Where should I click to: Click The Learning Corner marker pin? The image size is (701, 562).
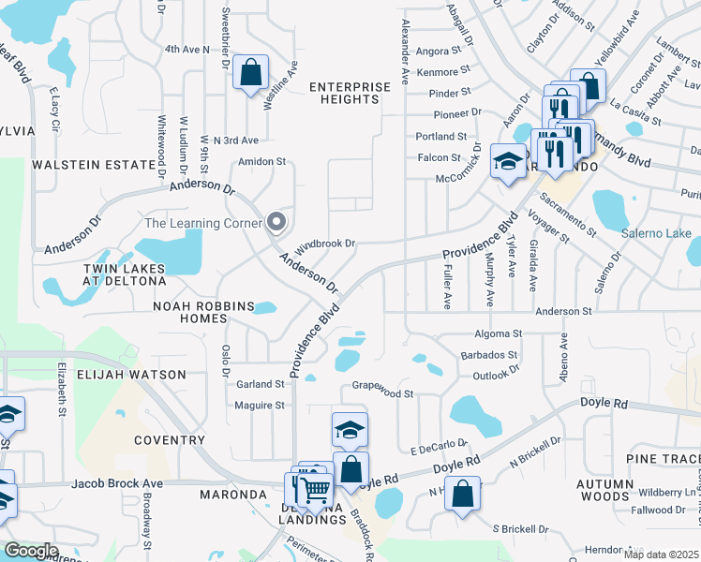[x=276, y=222]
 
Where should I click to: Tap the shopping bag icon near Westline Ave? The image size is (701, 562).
[x=251, y=72]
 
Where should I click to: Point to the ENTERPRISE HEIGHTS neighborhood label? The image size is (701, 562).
[x=350, y=94]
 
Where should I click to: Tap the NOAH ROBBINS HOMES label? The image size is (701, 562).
[x=203, y=312]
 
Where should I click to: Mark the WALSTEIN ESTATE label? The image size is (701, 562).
[x=93, y=165]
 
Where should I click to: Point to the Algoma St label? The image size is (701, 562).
[x=498, y=333]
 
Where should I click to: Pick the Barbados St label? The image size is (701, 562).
[x=489, y=355]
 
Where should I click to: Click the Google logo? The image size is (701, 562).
[x=31, y=551]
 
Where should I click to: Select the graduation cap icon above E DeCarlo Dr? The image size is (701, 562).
[x=350, y=430]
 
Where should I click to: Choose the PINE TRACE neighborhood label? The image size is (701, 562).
[x=663, y=458]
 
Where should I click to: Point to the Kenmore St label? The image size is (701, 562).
[x=444, y=71]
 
